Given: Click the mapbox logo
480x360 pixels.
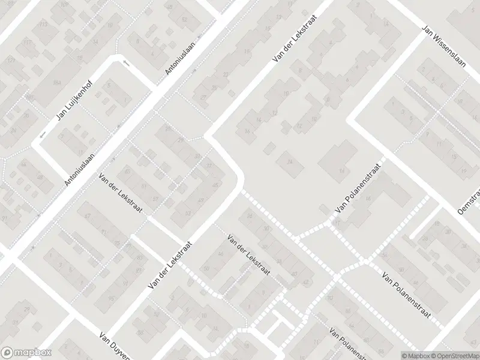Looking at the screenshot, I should pos(26,353).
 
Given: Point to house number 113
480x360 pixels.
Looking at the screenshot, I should pos(43,24).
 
